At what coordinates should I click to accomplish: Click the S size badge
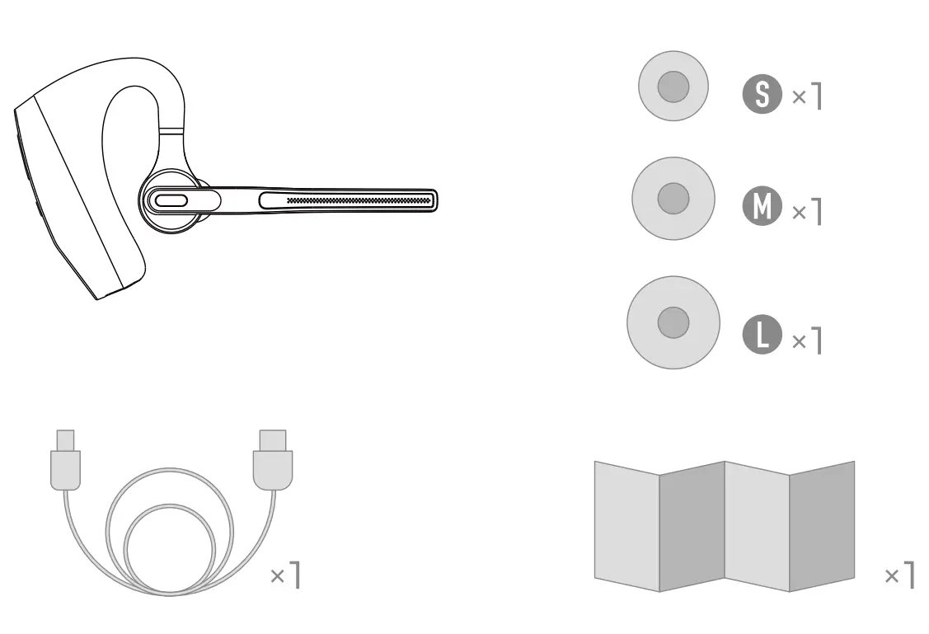[x=762, y=94]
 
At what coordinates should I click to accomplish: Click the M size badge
[x=762, y=205]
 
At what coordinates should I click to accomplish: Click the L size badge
[x=762, y=334]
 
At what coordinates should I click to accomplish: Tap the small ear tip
[x=673, y=86]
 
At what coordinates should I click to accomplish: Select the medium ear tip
[x=673, y=199]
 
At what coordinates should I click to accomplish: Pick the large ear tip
[x=673, y=322]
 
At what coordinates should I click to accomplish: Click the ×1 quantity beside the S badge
[x=807, y=96]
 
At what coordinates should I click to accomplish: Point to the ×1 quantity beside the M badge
[x=807, y=212]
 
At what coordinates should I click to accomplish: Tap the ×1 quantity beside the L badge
[x=807, y=340]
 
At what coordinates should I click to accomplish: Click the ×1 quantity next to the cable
[x=285, y=574]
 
